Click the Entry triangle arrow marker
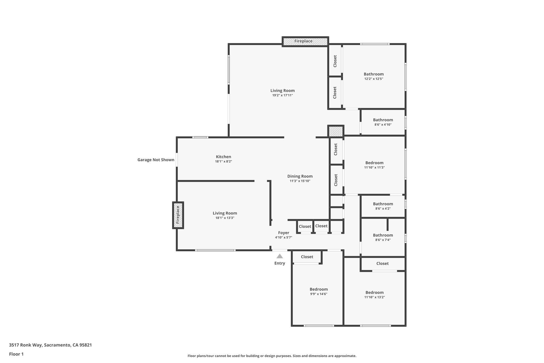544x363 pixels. (279, 256)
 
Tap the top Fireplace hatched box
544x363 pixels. (305, 41)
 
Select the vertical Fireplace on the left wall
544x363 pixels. (178, 215)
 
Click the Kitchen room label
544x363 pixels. (223, 157)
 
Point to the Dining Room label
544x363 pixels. (300, 176)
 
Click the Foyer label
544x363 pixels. (283, 233)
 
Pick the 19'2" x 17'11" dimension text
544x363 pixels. (282, 95)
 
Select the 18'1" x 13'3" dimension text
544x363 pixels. (225, 218)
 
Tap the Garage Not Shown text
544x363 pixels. (156, 160)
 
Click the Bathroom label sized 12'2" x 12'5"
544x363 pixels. (373, 74)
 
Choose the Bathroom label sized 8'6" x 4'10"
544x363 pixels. (383, 120)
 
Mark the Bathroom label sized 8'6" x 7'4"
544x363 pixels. (383, 235)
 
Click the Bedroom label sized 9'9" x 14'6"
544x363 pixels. (318, 289)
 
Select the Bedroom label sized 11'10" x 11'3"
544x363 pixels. (374, 163)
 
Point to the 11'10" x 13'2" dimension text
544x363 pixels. (374, 297)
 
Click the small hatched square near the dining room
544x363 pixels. (336, 131)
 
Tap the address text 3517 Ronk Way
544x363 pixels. (50, 345)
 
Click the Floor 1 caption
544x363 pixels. (16, 354)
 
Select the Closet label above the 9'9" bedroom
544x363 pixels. (307, 257)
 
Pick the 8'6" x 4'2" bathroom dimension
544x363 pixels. (383, 208)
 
